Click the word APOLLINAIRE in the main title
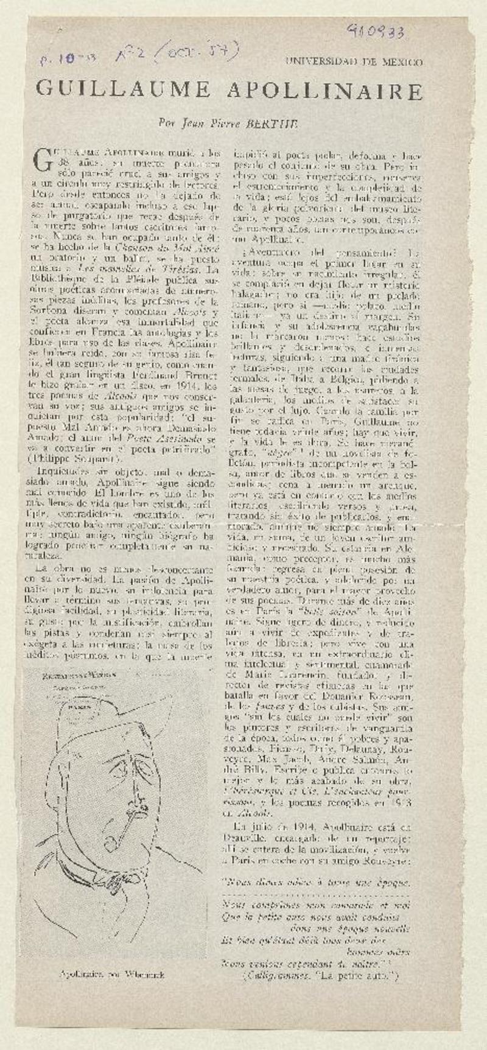tap(324, 91)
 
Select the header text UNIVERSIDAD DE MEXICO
tap(354, 61)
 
